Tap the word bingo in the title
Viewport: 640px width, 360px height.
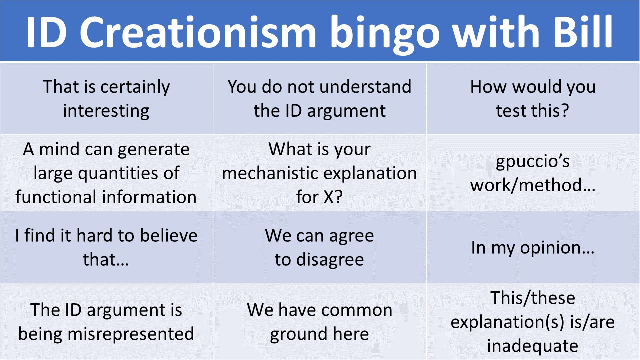point(384,34)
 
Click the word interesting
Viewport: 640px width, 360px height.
point(106,111)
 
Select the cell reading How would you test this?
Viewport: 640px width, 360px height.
point(533,99)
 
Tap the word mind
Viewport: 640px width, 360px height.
point(59,149)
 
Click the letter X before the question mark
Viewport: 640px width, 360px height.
point(329,197)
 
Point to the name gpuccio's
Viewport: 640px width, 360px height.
point(533,162)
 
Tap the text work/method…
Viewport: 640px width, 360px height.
point(533,185)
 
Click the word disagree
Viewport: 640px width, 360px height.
point(330,260)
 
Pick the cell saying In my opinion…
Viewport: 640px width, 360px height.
point(533,247)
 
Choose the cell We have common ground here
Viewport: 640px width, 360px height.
point(320,321)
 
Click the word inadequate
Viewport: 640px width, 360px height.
point(533,346)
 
